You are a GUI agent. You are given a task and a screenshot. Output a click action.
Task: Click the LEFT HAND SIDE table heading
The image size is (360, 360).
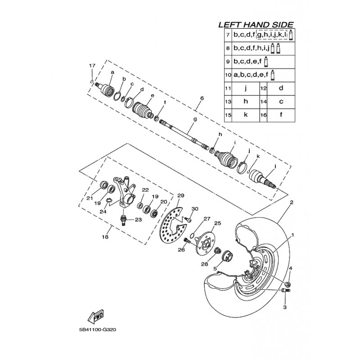[x=256, y=25]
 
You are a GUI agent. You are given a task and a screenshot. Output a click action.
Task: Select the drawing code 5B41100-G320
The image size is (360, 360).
[x=98, y=330]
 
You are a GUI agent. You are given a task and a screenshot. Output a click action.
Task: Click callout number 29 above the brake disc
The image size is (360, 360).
[x=181, y=196]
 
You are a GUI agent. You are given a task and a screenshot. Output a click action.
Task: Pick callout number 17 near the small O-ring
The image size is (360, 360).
[x=92, y=66]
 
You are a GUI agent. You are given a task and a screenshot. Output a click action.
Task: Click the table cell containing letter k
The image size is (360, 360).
[x=246, y=115]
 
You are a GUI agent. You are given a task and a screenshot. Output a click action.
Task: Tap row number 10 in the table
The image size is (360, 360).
[x=228, y=75]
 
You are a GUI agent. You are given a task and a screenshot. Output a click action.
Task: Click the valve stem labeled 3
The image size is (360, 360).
[x=286, y=291]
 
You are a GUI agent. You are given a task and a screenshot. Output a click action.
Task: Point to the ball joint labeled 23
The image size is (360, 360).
[x=124, y=220]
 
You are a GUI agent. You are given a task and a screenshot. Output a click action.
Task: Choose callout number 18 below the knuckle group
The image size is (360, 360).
[x=105, y=237]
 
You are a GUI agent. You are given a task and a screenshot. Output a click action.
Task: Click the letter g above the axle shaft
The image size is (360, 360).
[x=195, y=119]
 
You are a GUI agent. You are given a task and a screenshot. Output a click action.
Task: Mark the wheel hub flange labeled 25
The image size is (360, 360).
[x=205, y=244]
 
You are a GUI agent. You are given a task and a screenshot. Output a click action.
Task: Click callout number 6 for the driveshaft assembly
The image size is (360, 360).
[x=202, y=98]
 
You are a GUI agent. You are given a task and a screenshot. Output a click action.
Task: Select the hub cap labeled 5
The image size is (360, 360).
[x=228, y=256]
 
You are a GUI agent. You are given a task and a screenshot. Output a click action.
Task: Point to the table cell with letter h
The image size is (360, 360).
[x=246, y=101]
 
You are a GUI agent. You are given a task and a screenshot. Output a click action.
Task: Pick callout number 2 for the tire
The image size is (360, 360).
[x=292, y=202]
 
